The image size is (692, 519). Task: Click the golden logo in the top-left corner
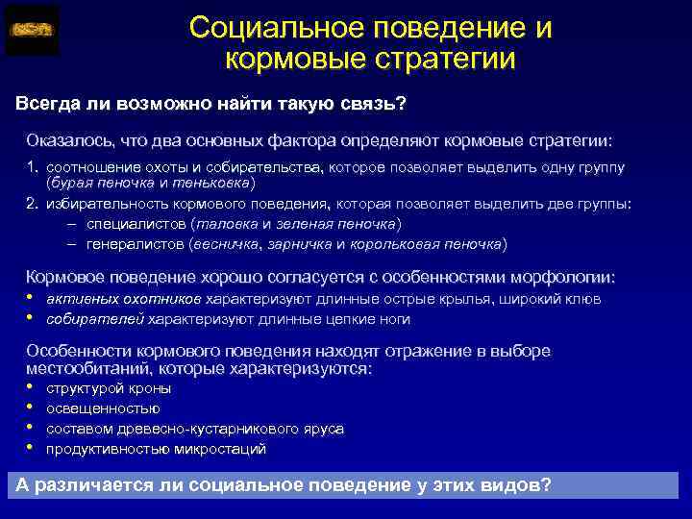(32, 30)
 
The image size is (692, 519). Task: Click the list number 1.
(31, 168)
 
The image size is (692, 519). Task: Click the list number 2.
(31, 204)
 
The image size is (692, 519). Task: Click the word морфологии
(571, 278)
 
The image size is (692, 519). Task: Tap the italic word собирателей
(96, 319)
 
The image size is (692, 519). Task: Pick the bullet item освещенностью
(103, 408)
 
